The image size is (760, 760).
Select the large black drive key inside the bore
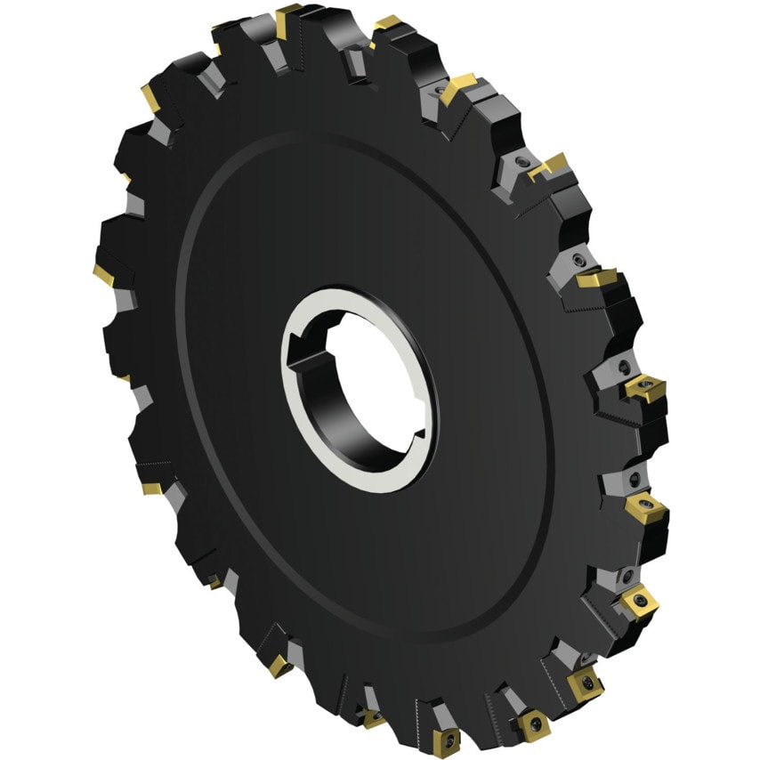point(311,365)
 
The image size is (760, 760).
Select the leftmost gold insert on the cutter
point(101,275)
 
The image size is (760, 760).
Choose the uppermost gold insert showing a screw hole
point(646,388)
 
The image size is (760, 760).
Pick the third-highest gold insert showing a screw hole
point(639,602)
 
